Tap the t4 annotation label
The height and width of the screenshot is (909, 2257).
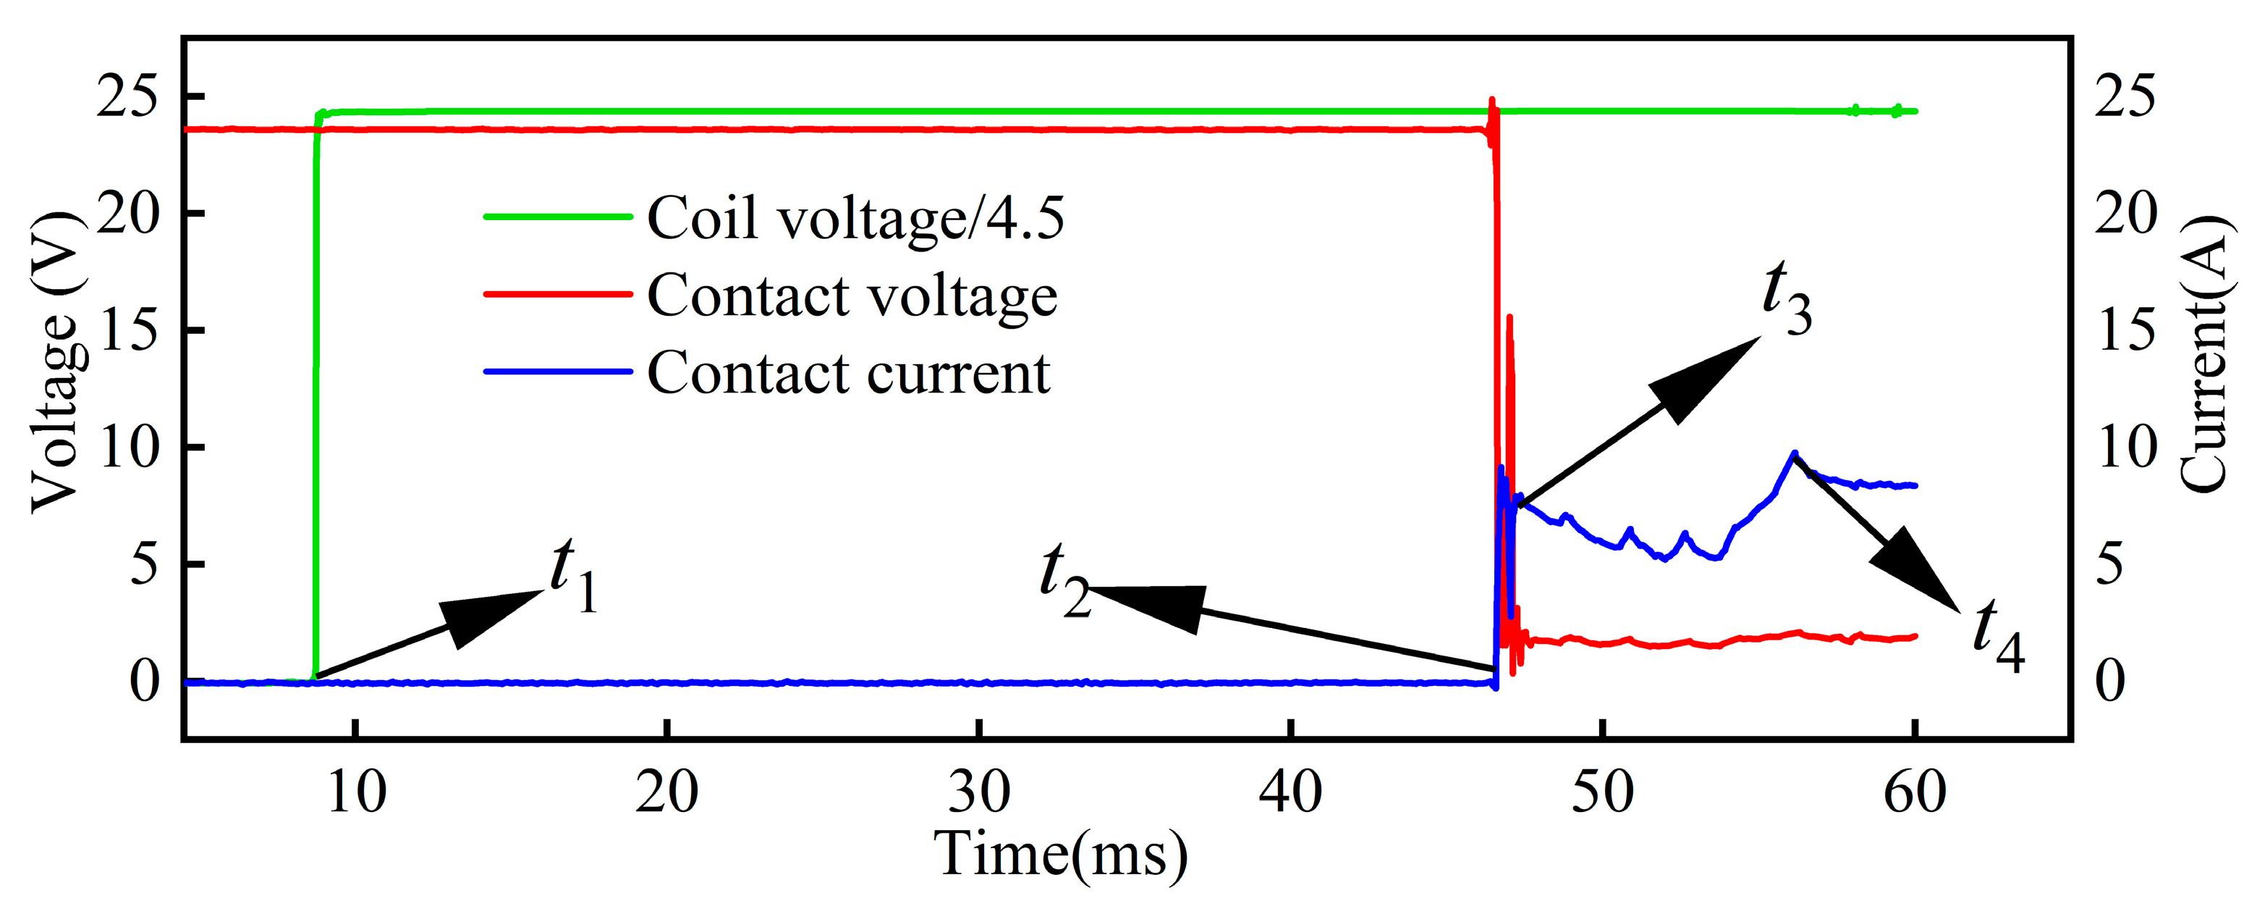(x=1998, y=634)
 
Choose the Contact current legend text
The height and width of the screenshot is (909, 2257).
(x=848, y=372)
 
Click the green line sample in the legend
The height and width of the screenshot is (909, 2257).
(x=558, y=217)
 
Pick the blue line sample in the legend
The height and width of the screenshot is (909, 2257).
(x=558, y=372)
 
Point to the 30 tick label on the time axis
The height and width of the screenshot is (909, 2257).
(x=978, y=792)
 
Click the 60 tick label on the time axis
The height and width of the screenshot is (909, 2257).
(x=1915, y=792)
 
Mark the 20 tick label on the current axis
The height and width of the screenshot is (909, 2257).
(x=2125, y=213)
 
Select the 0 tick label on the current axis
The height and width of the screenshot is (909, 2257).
(x=2110, y=681)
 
